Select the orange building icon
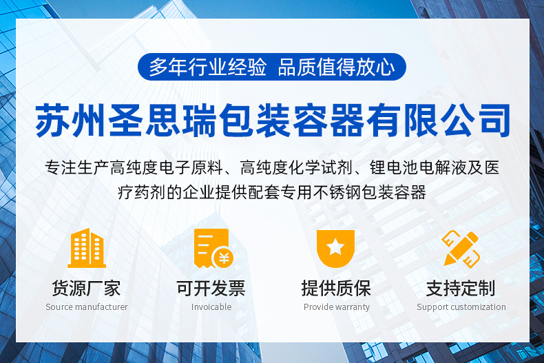coord(86,248)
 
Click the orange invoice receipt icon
coord(212,248)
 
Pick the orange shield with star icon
coord(335,248)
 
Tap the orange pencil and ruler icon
coord(461,248)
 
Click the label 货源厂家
coord(86,288)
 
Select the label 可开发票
coord(211,288)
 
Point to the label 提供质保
coord(336,288)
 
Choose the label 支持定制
coord(461,288)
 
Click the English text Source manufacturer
coord(87,307)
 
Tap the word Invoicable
coord(211,307)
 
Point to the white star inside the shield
coord(335,246)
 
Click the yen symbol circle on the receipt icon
coord(223,258)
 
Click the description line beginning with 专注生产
coord(272,167)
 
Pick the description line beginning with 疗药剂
coord(272,192)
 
